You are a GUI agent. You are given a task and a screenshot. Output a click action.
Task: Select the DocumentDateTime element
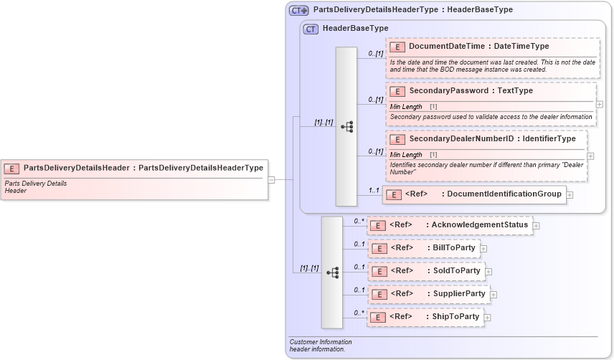(x=478, y=47)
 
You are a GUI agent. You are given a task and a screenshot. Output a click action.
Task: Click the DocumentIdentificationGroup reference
(x=473, y=194)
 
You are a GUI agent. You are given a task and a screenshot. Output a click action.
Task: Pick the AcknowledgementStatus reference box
(x=450, y=225)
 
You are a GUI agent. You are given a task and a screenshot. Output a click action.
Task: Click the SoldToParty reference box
(x=425, y=271)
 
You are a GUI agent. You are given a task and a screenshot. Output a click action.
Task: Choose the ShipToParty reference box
(x=425, y=317)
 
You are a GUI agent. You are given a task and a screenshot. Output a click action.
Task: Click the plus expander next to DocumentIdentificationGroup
(x=570, y=194)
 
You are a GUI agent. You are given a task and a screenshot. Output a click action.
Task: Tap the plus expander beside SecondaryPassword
(x=600, y=104)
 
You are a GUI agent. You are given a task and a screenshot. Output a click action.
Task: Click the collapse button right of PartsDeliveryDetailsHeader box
(x=272, y=180)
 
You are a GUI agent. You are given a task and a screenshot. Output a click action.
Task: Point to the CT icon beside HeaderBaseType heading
(x=311, y=29)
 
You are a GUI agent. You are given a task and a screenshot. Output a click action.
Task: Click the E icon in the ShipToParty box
(x=378, y=317)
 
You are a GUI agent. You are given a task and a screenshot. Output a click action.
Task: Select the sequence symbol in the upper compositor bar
(x=346, y=127)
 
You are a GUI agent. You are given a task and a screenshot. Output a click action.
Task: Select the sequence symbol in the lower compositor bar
(x=332, y=273)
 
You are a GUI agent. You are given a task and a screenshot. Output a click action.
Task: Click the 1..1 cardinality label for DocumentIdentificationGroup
(x=373, y=190)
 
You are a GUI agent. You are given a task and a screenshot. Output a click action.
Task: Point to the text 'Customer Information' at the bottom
(x=320, y=342)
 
